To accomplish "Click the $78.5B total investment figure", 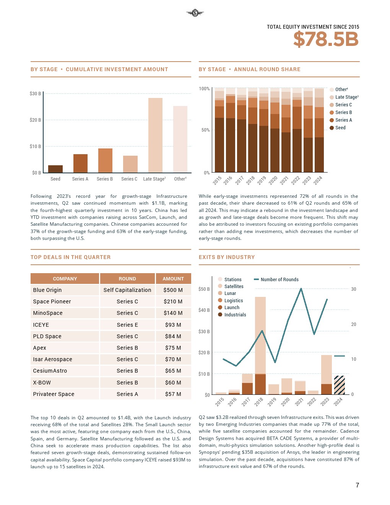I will (326, 39).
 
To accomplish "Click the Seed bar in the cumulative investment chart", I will (55, 169).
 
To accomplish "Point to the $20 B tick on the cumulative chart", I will (35, 120).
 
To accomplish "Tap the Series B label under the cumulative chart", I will (105, 179).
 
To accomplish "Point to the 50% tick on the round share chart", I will (205, 130).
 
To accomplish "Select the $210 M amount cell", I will (173, 301).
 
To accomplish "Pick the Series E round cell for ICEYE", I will (127, 325).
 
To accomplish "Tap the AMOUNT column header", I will (173, 279).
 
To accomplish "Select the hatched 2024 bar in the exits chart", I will (339, 385).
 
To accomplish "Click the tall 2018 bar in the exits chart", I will (260, 344).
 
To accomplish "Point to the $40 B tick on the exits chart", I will (204, 310).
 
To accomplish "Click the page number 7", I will (357, 485).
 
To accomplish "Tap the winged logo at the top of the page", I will (195, 13).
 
